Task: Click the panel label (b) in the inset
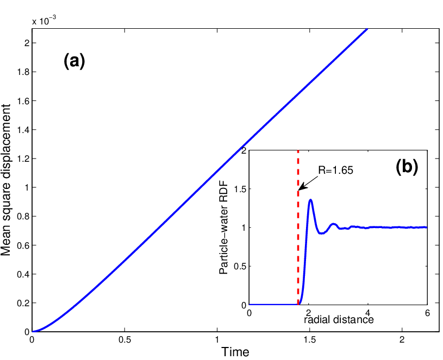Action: pyautogui.click(x=407, y=167)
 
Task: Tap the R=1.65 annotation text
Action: pyautogui.click(x=335, y=170)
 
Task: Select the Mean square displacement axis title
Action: pyautogui.click(x=5, y=180)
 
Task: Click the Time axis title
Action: pyautogui.click(x=235, y=352)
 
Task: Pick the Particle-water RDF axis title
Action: pyautogui.click(x=223, y=228)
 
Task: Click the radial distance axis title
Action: pyautogui.click(x=339, y=319)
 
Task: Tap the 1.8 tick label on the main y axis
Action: pyautogui.click(x=23, y=72)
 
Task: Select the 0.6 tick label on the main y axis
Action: pyautogui.click(x=23, y=245)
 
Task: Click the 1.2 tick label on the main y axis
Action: pyautogui.click(x=23, y=159)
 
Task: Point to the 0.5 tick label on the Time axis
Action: pyautogui.click(x=124, y=339)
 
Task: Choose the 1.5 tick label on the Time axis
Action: pyautogui.click(x=310, y=339)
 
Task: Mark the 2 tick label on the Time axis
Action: pyautogui.click(x=402, y=339)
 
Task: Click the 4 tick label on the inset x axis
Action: pyautogui.click(x=368, y=313)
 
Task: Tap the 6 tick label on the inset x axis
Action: pyautogui.click(x=427, y=313)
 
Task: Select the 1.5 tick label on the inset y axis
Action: pyautogui.click(x=240, y=189)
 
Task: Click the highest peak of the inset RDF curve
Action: pyautogui.click(x=311, y=200)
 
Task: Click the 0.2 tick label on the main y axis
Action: pyautogui.click(x=23, y=303)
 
